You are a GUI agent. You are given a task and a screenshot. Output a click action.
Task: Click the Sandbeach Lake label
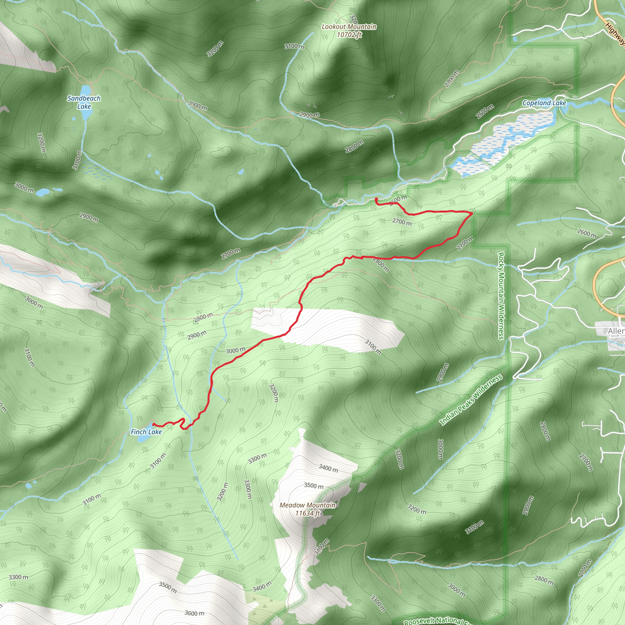point(84,102)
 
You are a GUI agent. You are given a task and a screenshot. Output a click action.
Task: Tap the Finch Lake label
point(146,432)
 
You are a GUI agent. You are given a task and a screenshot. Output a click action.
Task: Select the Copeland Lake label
point(544,103)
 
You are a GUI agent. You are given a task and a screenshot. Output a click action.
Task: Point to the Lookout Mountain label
point(349,27)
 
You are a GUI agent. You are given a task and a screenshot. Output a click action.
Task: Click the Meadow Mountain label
point(307,505)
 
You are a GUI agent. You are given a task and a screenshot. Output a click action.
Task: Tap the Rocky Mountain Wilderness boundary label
point(501,296)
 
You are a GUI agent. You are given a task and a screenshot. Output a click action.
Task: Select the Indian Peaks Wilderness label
point(471,399)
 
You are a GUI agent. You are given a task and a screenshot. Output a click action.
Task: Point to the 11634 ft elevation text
point(307,513)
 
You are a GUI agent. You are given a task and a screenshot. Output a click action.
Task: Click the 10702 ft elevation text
point(349,34)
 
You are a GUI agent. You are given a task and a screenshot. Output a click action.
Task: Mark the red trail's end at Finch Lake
point(153,424)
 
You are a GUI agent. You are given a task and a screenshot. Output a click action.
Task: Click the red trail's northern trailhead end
point(376,199)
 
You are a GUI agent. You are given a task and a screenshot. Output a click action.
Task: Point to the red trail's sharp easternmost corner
point(472,213)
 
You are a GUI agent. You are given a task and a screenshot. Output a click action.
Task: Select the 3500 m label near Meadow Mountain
point(313,486)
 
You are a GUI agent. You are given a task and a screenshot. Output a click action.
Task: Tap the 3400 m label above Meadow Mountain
point(328,468)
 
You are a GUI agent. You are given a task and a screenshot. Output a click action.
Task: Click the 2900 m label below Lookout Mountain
point(309,114)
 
